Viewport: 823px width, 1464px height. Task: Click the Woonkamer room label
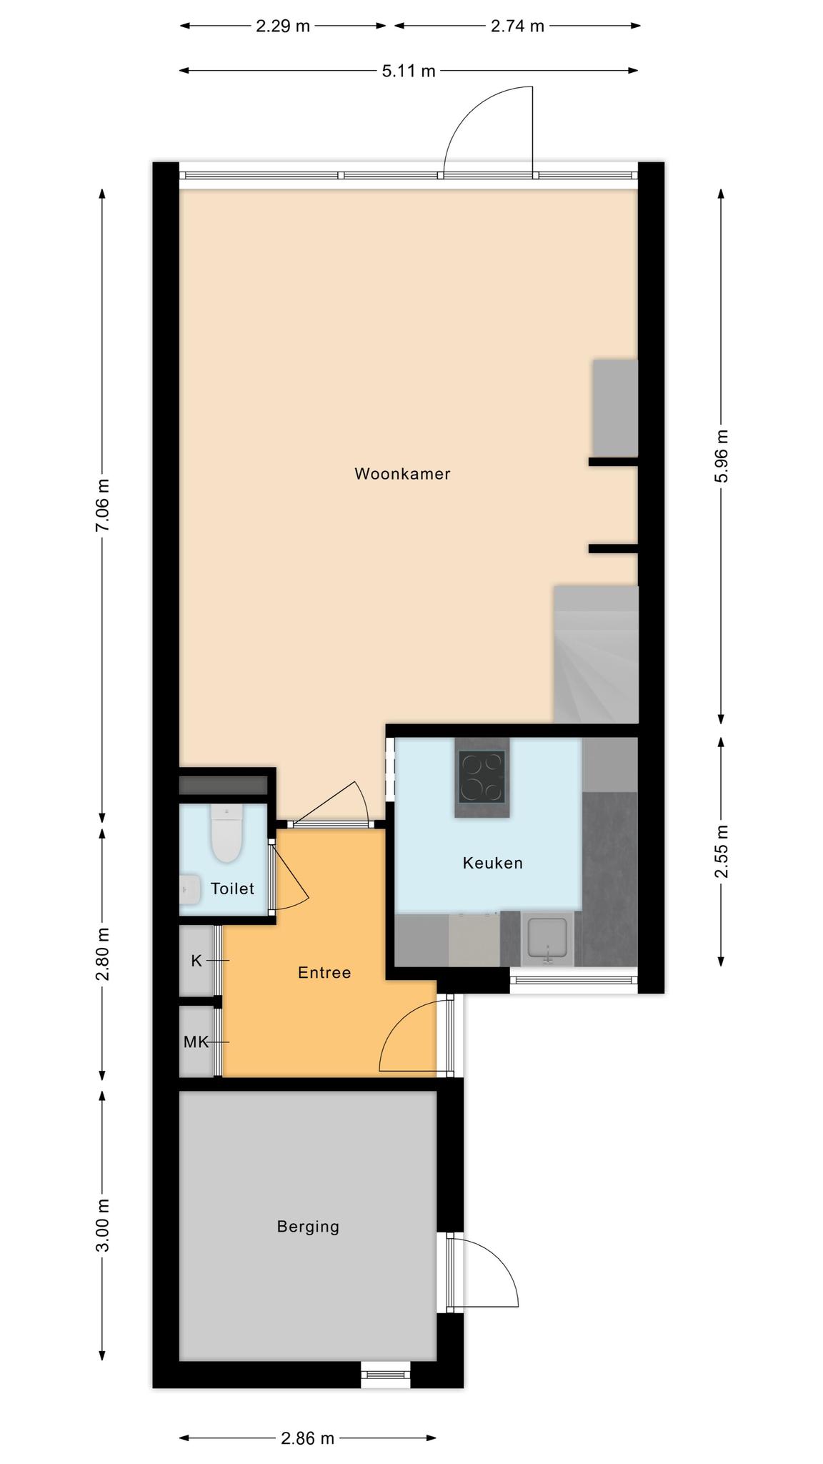[402, 474]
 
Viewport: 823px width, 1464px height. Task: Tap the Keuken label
[493, 863]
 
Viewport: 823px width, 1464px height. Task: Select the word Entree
[324, 972]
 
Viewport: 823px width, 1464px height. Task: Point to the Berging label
[308, 1227]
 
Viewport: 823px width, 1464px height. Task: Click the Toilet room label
[232, 889]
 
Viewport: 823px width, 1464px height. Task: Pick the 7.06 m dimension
[103, 505]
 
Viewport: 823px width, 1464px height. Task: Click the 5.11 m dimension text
[409, 71]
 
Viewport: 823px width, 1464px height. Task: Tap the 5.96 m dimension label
[722, 456]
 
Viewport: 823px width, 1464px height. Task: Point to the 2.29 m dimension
[283, 26]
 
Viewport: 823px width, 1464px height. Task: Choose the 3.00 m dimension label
[103, 1226]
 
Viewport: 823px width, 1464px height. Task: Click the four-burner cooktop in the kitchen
[482, 776]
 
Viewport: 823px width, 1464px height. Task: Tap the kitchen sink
[547, 938]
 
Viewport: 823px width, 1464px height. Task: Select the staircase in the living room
[596, 654]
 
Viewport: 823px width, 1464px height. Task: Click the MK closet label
[196, 1042]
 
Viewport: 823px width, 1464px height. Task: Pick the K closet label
[196, 961]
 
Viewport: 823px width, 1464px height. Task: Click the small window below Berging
[386, 1375]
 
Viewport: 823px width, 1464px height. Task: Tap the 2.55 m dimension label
[722, 851]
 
